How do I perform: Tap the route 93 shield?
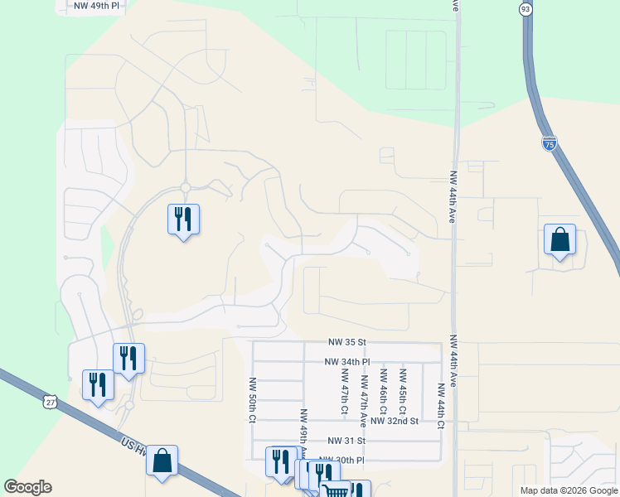pos(525,9)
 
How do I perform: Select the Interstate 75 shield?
pos(549,143)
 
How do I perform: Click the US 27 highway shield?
pos(51,402)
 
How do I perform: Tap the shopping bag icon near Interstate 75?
pos(559,239)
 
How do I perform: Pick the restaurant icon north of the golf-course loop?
pos(183,220)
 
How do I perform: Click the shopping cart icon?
pos(336,491)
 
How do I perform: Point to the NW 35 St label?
pos(346,342)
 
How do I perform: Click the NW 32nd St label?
pos(395,421)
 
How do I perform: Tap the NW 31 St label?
pos(346,441)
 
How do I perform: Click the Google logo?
pos(28,487)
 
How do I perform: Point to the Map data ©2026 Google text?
pos(568,490)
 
